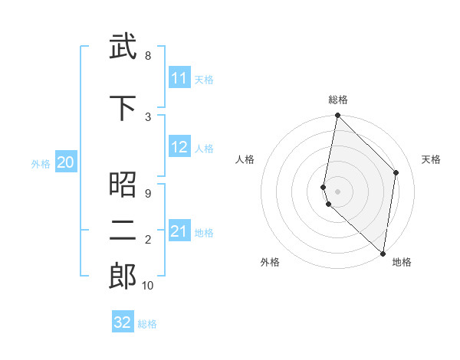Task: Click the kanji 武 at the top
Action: point(123,47)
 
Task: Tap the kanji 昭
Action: point(123,185)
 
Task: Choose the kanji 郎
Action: point(123,277)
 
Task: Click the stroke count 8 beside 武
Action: point(147,56)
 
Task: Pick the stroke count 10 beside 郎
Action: point(148,286)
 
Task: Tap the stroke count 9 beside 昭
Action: point(147,194)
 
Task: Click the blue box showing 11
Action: point(179,79)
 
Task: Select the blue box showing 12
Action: point(179,148)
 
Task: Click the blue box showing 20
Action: point(66,162)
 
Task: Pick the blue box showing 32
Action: point(123,322)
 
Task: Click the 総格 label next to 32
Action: point(147,324)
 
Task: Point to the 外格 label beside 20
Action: point(41,163)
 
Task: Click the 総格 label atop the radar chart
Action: point(338,100)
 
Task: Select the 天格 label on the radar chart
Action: point(431,159)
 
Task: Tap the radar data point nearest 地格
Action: point(383,254)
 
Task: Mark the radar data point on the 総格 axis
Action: point(337,116)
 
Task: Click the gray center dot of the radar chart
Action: point(337,191)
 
